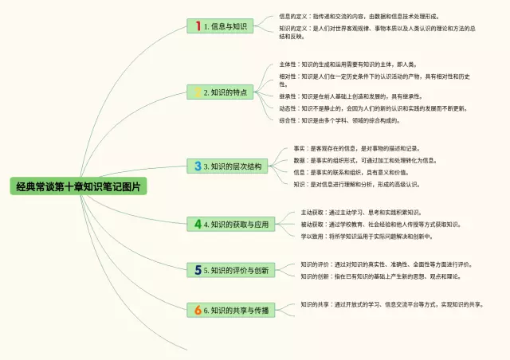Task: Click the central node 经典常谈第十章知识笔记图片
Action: click(80, 188)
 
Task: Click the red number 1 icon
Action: click(198, 26)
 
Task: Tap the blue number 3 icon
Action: click(198, 166)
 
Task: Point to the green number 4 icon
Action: click(198, 225)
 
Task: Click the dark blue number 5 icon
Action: click(198, 271)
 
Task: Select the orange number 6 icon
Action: click(198, 310)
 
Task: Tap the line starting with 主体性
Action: click(347, 65)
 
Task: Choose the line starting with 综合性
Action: click(339, 121)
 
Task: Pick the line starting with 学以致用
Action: click(366, 237)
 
